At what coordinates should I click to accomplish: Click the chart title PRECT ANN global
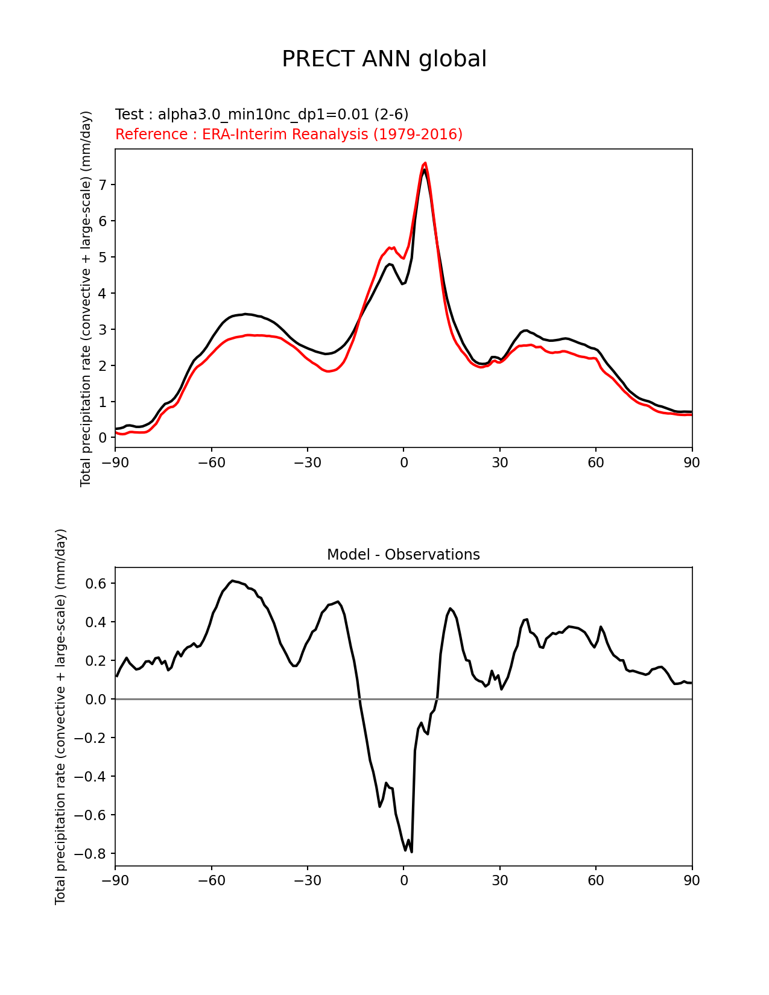384,59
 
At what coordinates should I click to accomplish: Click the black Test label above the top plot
262,115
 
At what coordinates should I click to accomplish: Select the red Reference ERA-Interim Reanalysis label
289,134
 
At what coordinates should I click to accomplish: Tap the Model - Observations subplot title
403,555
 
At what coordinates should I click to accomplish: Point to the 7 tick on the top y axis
103,185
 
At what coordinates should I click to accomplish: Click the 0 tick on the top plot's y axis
103,438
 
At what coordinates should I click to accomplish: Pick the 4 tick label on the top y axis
103,294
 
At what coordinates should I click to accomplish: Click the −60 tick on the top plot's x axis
211,463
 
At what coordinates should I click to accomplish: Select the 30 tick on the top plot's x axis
499,463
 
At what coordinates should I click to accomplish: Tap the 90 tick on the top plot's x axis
692,463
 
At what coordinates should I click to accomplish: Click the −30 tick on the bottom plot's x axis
307,880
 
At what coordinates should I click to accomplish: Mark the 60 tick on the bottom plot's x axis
596,880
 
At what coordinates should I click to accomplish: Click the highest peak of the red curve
425,163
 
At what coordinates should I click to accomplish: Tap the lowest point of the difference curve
411,851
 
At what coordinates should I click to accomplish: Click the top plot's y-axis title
86,298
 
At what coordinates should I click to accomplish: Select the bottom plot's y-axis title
60,716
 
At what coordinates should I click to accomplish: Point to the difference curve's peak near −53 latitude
232,581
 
